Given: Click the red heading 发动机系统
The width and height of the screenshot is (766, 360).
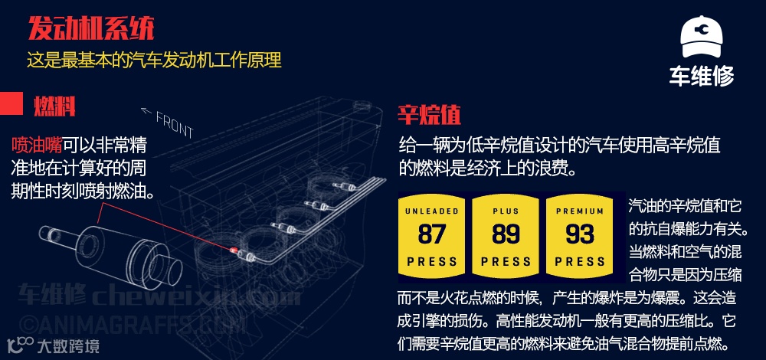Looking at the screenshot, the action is coord(91,28).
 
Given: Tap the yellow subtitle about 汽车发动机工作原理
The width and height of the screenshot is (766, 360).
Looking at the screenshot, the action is coord(154,60).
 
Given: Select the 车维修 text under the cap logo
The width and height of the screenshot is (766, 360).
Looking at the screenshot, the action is coord(701,76).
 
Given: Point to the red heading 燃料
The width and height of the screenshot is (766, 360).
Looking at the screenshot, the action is coord(54,105).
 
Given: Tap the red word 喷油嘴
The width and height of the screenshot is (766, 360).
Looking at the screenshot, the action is coord(37,146).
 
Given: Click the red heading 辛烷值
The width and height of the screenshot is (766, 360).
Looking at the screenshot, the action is coord(429,115).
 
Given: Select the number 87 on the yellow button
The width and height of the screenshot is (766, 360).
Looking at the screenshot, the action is coord(432,233).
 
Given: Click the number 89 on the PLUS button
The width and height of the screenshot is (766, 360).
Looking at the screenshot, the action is coord(506,233).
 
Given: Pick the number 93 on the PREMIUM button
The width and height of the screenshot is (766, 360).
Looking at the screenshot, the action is coord(579,233).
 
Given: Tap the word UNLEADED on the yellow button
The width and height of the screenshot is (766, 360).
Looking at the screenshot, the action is coord(432,211).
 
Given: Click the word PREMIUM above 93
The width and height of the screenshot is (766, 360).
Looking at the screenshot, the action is coord(579,211).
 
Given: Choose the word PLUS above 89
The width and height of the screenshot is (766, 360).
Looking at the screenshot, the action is coord(506,211).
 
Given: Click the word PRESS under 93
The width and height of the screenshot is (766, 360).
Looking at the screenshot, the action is coord(579,261).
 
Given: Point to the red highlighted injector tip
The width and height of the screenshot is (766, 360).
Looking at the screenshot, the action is coord(234,250).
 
